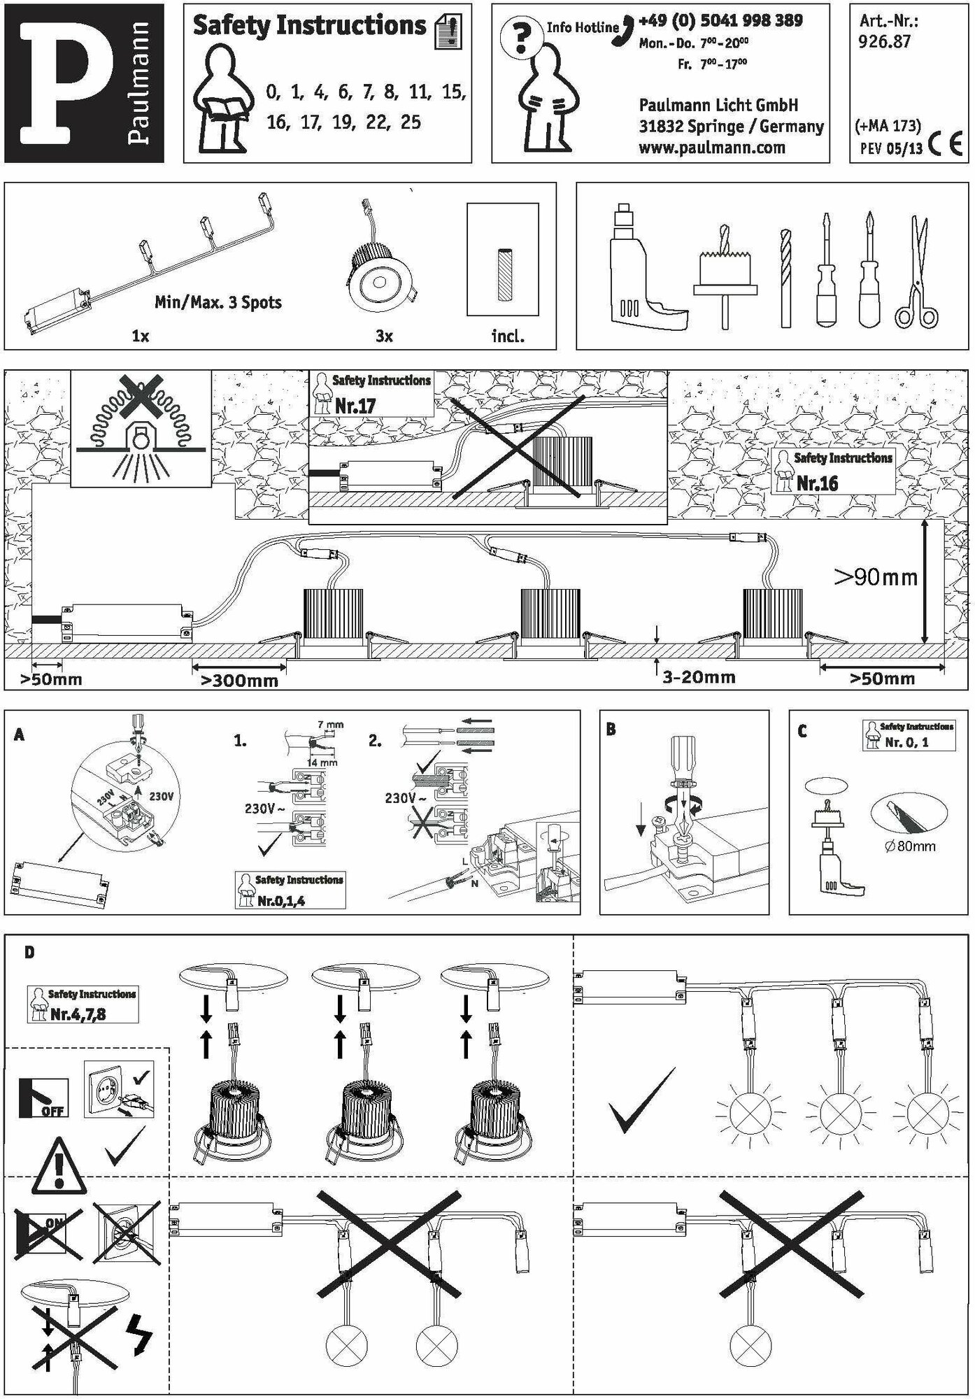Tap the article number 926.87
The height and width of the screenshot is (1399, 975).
click(x=884, y=42)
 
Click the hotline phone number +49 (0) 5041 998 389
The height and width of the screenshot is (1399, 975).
click(x=720, y=20)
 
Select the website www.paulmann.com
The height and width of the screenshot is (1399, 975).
click(x=711, y=148)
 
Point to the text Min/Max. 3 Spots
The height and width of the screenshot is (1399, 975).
click(x=218, y=303)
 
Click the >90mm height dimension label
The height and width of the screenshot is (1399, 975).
click(x=875, y=577)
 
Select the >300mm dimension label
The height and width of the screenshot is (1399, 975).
click(x=239, y=681)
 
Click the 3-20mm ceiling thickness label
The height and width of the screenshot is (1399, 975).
click(x=699, y=677)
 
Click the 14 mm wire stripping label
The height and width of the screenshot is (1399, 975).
click(x=322, y=762)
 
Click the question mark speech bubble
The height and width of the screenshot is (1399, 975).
click(x=520, y=39)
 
